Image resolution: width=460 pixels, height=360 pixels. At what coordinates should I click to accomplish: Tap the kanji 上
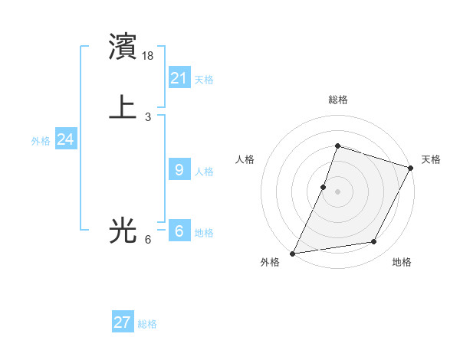[x=123, y=106]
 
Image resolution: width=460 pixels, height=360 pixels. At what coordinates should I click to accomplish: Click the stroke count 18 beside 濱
[x=149, y=55]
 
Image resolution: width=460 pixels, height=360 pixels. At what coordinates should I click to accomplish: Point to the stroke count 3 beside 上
[x=148, y=116]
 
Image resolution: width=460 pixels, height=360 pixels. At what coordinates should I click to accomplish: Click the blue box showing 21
[x=179, y=77]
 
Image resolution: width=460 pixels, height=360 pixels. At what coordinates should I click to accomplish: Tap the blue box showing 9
[x=179, y=170]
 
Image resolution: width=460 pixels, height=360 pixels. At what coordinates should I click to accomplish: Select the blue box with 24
[x=65, y=139]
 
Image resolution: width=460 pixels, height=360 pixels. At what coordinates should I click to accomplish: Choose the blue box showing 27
[x=123, y=322]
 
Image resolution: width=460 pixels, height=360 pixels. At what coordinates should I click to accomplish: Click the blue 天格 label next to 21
[x=204, y=79]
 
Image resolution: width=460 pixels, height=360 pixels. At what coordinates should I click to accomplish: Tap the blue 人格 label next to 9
[x=204, y=172]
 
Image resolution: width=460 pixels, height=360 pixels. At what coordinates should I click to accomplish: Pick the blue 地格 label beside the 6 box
[x=204, y=233]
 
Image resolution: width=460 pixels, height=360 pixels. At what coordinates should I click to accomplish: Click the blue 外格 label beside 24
[x=41, y=141]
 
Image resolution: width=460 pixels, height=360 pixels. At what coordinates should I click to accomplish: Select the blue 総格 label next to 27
[x=147, y=324]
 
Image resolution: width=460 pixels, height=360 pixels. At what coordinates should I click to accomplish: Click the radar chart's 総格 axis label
[x=337, y=100]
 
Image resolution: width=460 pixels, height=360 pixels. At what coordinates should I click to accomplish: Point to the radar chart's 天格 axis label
[x=431, y=159]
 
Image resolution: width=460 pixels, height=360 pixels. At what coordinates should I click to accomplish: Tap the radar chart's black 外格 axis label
[x=270, y=263]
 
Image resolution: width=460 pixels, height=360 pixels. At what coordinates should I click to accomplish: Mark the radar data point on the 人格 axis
[x=324, y=187]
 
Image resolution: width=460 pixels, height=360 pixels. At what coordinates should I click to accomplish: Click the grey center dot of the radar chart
[x=337, y=191]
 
